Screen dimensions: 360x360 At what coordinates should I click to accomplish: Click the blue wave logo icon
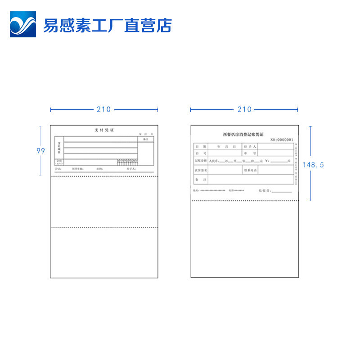click(23, 24)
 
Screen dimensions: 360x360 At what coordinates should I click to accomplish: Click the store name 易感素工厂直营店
click(107, 25)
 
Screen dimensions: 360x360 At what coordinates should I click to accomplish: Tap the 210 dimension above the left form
click(103, 109)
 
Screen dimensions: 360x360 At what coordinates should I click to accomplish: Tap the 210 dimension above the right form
click(244, 109)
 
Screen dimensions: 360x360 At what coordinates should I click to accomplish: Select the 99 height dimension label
click(41, 151)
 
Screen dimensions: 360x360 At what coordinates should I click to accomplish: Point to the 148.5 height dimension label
click(313, 165)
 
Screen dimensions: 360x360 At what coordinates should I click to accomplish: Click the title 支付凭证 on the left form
click(104, 130)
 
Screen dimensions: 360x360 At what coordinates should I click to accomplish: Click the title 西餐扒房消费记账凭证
click(243, 134)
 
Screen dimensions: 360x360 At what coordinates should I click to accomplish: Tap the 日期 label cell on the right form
click(201, 146)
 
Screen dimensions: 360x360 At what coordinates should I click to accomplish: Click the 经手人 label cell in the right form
click(250, 146)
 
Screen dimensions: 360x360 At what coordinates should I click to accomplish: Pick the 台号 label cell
click(201, 153)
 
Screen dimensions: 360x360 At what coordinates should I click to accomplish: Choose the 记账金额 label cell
click(201, 161)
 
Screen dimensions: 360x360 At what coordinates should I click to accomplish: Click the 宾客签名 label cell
click(201, 171)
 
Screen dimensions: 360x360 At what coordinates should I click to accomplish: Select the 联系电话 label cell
click(250, 171)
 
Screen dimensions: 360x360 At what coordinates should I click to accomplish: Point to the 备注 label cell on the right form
click(201, 180)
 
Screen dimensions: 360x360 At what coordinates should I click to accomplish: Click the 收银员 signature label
click(264, 191)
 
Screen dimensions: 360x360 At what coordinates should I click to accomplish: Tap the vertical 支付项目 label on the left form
click(59, 147)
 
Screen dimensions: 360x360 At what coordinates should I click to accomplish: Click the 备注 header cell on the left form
click(145, 139)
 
